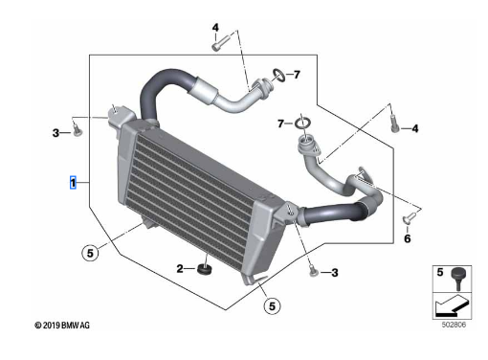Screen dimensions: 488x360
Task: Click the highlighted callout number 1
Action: tap(73, 183)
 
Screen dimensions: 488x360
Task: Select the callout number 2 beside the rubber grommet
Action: tap(180, 269)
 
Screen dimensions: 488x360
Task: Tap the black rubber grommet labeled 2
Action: tap(205, 270)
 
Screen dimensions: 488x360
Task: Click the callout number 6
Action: tap(408, 238)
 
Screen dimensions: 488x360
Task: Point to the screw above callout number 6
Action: tap(410, 217)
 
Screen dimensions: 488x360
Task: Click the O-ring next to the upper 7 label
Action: tap(278, 75)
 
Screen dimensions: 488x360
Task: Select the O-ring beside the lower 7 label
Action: tap(302, 124)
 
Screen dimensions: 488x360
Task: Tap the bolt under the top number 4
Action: tap(221, 43)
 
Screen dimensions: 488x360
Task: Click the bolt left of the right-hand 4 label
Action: tap(394, 124)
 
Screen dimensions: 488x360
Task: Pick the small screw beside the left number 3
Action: tap(77, 130)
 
